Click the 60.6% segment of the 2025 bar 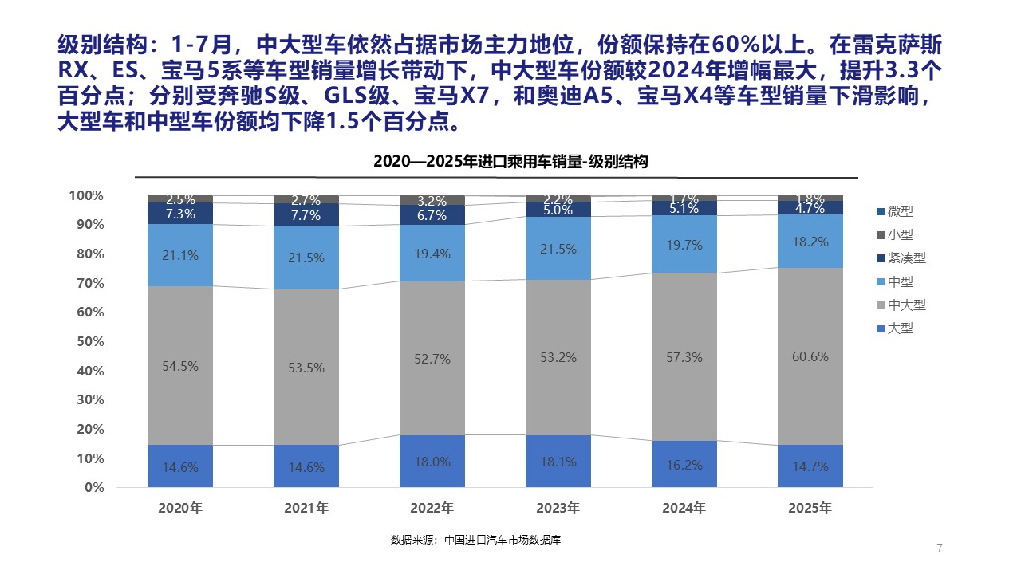[x=810, y=375]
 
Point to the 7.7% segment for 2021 [x=306, y=215]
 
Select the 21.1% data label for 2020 [x=180, y=255]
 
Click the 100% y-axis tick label [x=86, y=195]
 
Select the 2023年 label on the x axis [x=558, y=508]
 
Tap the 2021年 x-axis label [x=306, y=508]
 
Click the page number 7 [x=940, y=548]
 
